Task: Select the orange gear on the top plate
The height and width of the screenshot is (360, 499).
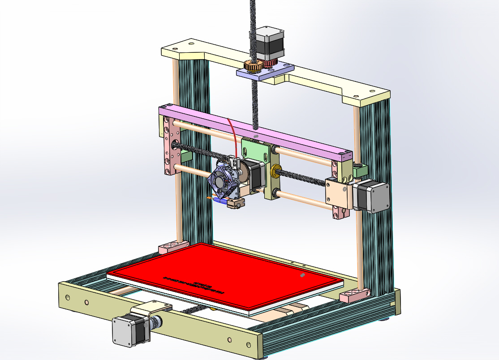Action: [x=253, y=67]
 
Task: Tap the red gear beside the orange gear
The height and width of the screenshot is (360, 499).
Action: [x=270, y=63]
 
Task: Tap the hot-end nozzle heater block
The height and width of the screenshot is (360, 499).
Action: [x=236, y=204]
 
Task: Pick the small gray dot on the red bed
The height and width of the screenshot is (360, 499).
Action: [x=302, y=275]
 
